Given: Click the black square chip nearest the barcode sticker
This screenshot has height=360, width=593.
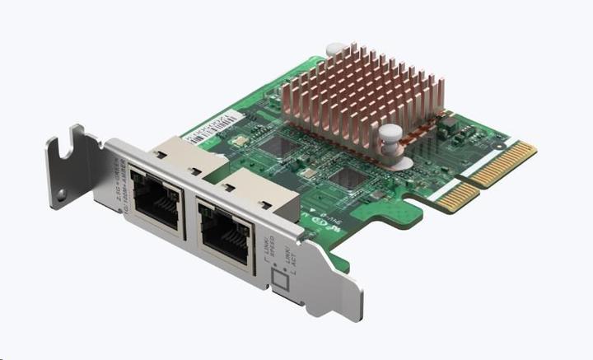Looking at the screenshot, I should point(275,143).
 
